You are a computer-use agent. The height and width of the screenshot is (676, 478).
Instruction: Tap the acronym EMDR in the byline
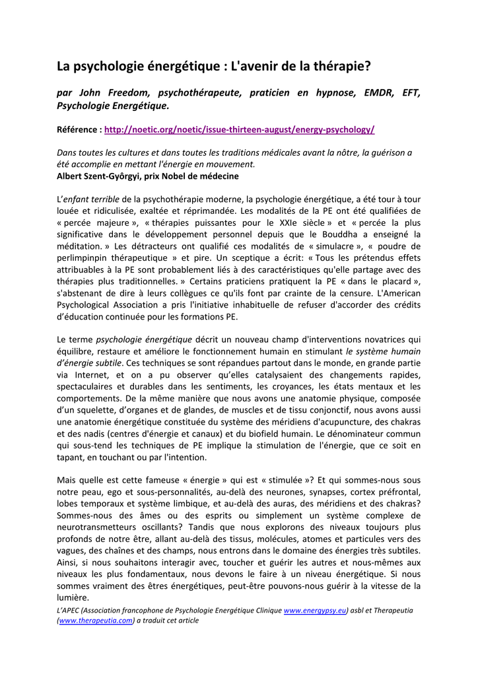click(378, 93)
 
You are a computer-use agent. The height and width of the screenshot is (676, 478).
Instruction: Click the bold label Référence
click(79, 130)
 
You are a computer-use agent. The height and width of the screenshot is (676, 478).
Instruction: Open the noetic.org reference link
click(239, 130)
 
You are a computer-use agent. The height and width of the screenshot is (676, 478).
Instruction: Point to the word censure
click(328, 294)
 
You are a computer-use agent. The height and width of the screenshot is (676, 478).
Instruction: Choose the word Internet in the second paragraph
click(86, 374)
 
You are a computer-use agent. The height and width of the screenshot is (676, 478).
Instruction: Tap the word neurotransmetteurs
click(98, 527)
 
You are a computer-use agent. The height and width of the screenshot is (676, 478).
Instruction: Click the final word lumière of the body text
click(73, 598)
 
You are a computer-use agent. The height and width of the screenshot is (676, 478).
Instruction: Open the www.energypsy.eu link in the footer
click(314, 611)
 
